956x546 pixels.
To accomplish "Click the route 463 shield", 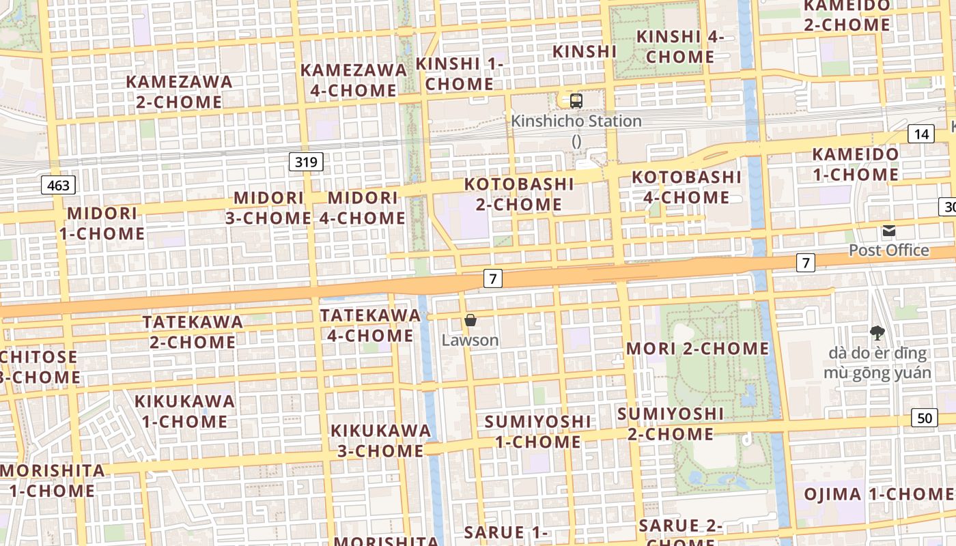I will (58, 184).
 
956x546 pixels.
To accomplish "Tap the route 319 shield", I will (306, 162).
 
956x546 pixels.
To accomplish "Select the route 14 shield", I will (920, 134).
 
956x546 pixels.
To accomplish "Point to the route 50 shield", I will (924, 418).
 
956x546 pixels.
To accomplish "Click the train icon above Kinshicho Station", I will (576, 101).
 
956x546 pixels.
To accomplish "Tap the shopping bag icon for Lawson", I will (470, 319).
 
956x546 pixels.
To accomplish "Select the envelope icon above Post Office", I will (888, 231).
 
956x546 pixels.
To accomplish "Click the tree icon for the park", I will (877, 333).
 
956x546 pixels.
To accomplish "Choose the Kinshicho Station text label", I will (576, 121).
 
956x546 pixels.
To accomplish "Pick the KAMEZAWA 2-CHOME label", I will (179, 91).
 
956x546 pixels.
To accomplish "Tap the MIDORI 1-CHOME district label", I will (102, 223).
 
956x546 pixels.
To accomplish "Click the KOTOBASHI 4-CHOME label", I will (686, 187).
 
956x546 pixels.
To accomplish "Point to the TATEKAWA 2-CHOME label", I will (193, 331).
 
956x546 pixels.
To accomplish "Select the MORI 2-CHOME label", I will (697, 348).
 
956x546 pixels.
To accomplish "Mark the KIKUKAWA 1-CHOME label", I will (184, 411).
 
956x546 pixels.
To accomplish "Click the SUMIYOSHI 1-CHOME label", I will (537, 431).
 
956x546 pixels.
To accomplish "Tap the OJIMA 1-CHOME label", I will (877, 494).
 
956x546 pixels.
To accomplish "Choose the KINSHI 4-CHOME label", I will (679, 46).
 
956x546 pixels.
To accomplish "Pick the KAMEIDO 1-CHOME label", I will (855, 164).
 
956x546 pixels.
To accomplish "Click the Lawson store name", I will (470, 340).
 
